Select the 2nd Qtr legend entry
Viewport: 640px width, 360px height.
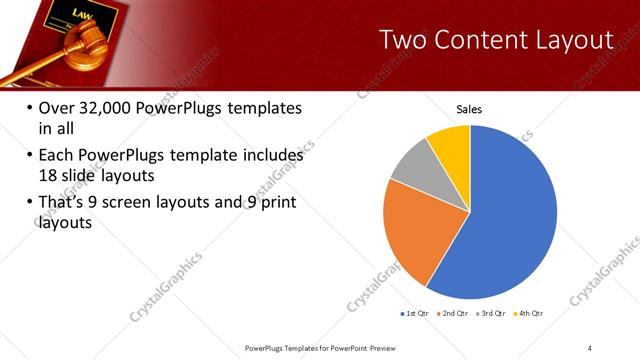[454, 314]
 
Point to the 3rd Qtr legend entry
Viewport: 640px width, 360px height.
[492, 314]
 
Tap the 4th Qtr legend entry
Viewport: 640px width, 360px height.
[529, 314]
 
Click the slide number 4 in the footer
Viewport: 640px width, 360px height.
[590, 347]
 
